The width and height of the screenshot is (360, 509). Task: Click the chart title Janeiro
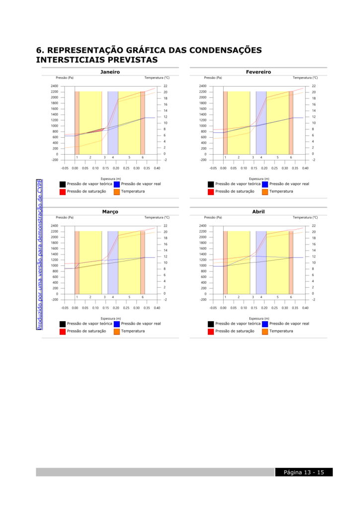pyautogui.click(x=110, y=72)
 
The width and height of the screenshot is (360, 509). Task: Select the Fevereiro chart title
pyautogui.click(x=259, y=72)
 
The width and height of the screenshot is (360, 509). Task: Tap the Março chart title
pyautogui.click(x=110, y=212)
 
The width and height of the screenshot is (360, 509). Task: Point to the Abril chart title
pyautogui.click(x=259, y=212)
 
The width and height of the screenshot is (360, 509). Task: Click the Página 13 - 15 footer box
pyautogui.click(x=304, y=472)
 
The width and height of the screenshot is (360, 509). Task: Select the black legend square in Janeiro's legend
pyautogui.click(x=62, y=184)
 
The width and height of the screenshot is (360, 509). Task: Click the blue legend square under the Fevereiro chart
pyautogui.click(x=265, y=184)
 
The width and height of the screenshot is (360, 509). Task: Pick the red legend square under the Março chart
pyautogui.click(x=62, y=331)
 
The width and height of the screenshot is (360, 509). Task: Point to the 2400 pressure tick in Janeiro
pyautogui.click(x=54, y=86)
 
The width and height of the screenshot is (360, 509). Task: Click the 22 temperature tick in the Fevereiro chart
pyautogui.click(x=314, y=86)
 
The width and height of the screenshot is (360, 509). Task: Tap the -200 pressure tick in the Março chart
pyautogui.click(x=54, y=300)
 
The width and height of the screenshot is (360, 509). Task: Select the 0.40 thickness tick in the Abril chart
pyautogui.click(x=305, y=308)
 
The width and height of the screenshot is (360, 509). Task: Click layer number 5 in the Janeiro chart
pyautogui.click(x=129, y=158)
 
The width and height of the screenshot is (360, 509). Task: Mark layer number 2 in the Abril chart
pyautogui.click(x=239, y=297)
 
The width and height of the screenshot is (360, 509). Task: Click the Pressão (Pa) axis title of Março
pyautogui.click(x=65, y=217)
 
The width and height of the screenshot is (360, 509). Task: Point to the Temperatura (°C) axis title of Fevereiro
pyautogui.click(x=305, y=78)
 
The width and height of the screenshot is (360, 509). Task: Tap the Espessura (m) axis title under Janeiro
pyautogui.click(x=110, y=178)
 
